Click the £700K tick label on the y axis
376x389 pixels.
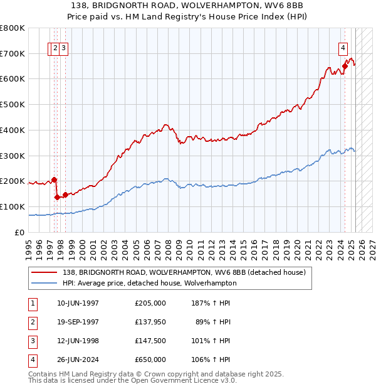[x=13, y=54]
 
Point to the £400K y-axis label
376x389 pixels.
[x=13, y=131]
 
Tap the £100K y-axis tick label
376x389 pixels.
[x=13, y=207]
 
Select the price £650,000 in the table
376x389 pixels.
[x=150, y=360]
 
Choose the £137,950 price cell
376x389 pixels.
[x=150, y=322]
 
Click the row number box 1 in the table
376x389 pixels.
[x=31, y=303]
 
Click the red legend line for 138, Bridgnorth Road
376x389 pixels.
[x=44, y=273]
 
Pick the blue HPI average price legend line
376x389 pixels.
[x=44, y=283]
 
